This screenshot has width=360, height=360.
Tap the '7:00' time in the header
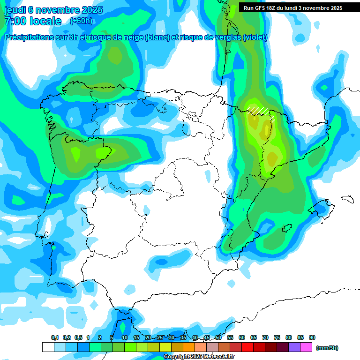tap(15, 21)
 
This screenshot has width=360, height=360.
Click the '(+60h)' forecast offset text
tap(81, 21)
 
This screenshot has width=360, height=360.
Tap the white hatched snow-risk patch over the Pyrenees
tap(259, 111)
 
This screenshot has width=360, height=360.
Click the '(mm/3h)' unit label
tap(327, 348)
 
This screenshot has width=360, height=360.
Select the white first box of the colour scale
tap(48, 347)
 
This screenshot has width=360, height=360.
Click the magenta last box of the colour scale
tap(307, 347)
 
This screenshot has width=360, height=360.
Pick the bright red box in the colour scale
tap(247, 347)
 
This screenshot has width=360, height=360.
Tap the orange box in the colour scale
tap(189, 347)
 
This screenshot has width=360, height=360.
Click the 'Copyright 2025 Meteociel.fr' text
tap(199, 357)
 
